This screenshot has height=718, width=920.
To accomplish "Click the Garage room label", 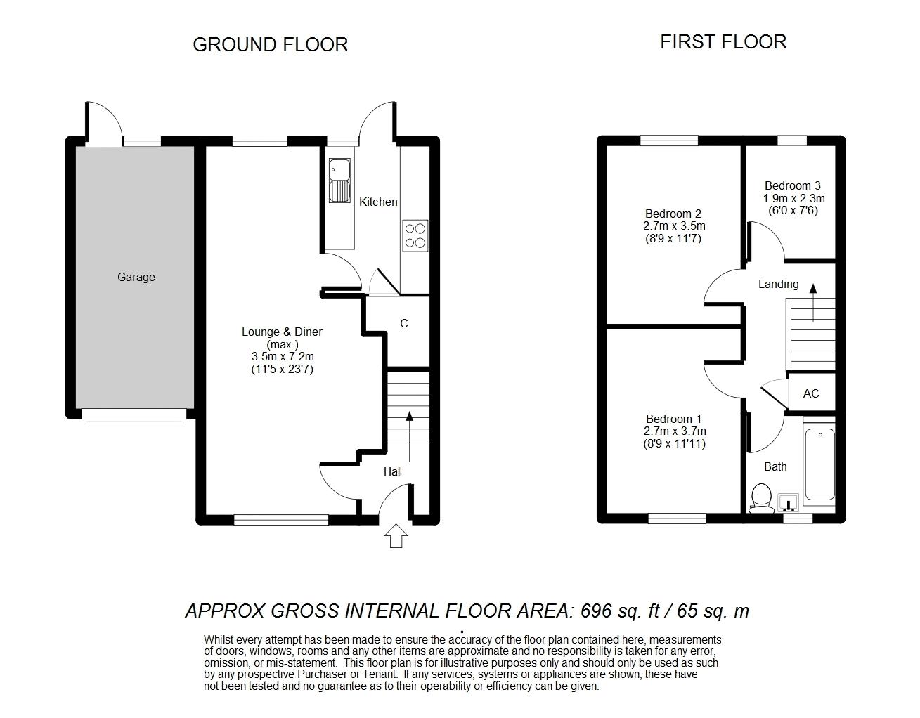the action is pyautogui.click(x=136, y=277).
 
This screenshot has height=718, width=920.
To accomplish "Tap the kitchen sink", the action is pyautogui.click(x=339, y=181).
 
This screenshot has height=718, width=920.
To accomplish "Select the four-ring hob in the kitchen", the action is pyautogui.click(x=415, y=235).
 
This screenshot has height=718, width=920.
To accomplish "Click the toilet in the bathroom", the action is pyautogui.click(x=761, y=498).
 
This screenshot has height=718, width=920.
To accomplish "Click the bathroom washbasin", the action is pyautogui.click(x=789, y=502).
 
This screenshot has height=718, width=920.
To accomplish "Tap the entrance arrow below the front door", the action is pyautogui.click(x=396, y=535).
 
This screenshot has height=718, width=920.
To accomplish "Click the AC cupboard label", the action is pyautogui.click(x=811, y=393).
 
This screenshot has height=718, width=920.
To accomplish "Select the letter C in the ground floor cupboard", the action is pyautogui.click(x=404, y=323).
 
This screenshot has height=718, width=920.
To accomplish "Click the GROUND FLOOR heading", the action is pyautogui.click(x=270, y=44).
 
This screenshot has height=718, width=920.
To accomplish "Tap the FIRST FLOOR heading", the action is pyautogui.click(x=723, y=42).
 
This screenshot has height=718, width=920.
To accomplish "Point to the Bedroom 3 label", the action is pyautogui.click(x=793, y=185).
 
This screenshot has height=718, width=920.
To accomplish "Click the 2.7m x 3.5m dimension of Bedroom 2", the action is pyautogui.click(x=674, y=226).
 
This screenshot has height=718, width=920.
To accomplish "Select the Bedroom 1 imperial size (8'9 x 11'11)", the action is pyautogui.click(x=674, y=444).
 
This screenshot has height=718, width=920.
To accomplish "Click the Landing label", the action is pyautogui.click(x=778, y=284).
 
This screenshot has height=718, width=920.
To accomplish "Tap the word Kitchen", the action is pyautogui.click(x=378, y=202).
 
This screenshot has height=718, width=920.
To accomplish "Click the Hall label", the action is pyautogui.click(x=392, y=471).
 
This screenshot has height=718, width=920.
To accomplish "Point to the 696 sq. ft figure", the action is pyautogui.click(x=620, y=611).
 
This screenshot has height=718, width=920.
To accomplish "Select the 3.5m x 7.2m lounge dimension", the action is pyautogui.click(x=283, y=357).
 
